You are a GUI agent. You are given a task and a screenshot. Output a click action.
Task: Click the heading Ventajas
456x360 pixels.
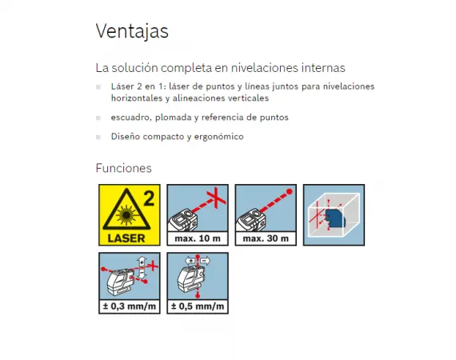tap(132, 31)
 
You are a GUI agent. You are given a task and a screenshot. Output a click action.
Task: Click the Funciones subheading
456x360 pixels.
tap(123, 168)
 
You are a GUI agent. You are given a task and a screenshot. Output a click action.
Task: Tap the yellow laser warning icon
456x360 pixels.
tap(130, 215)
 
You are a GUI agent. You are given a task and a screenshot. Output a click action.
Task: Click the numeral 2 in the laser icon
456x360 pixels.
tap(149, 198)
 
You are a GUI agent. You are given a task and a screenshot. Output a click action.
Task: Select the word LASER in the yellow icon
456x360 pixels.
tap(126, 238)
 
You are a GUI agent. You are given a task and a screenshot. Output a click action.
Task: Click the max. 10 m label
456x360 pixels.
tap(198, 238)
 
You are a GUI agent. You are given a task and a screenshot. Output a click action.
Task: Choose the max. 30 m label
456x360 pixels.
tap(266, 238)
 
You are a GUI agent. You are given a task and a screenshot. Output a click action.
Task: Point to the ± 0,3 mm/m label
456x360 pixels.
tap(130, 306)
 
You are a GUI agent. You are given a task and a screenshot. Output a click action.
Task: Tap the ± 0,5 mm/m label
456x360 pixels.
tap(198, 306)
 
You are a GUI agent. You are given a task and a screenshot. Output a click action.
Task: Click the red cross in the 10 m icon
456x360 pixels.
tap(216, 197)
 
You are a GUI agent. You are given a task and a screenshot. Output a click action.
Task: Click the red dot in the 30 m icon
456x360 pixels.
tap(290, 191)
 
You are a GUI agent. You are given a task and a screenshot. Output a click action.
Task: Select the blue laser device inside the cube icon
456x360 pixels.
tap(335, 218)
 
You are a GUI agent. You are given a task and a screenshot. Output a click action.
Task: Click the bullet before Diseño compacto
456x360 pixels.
tap(98, 137)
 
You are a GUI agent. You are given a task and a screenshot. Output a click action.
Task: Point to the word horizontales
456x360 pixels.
tap(137, 98)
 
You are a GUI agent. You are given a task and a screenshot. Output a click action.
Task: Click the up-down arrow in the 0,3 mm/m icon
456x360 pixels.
tap(142, 267)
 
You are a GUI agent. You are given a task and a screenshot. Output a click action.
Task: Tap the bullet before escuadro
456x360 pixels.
tap(98, 118)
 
